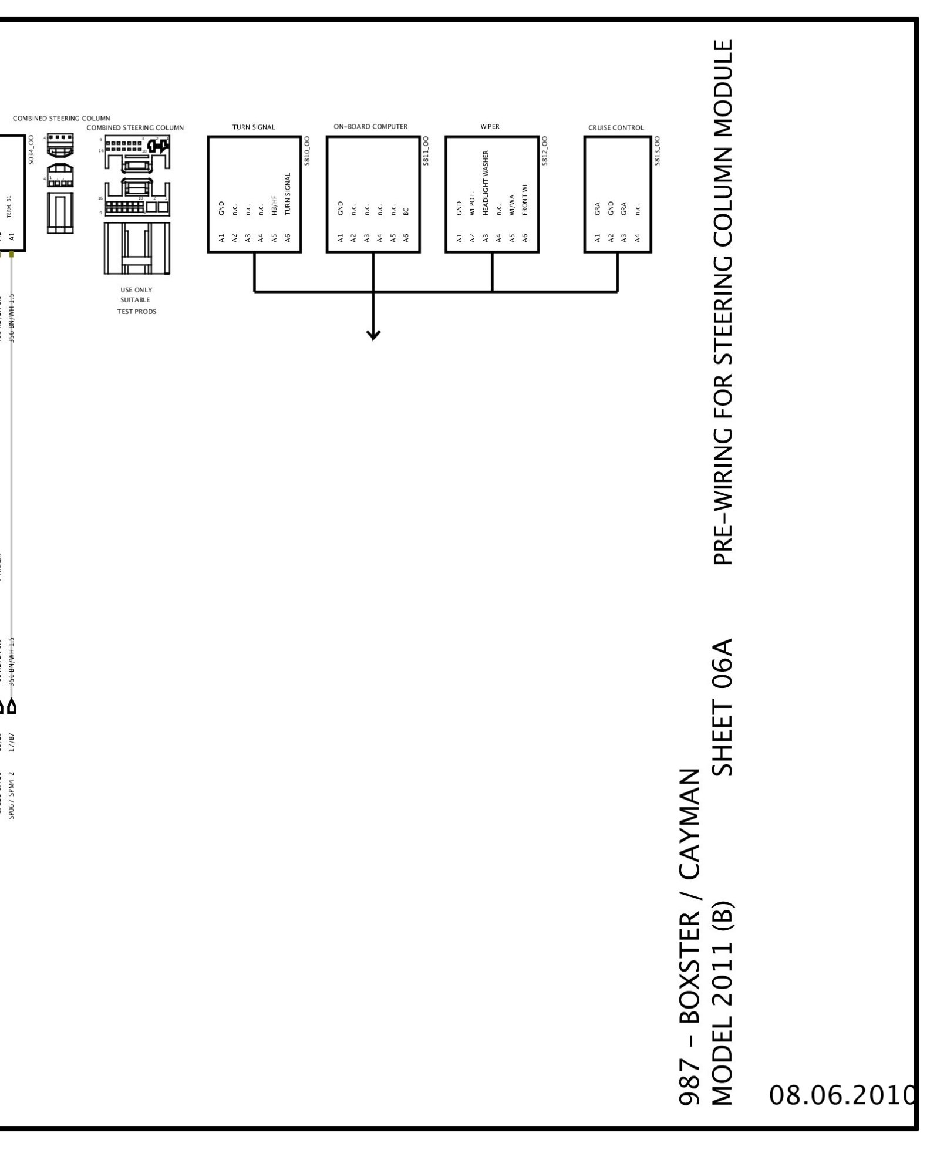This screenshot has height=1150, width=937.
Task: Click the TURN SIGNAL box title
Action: click(254, 127)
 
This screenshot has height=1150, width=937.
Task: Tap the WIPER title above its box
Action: click(490, 126)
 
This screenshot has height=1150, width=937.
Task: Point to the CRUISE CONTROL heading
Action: click(616, 127)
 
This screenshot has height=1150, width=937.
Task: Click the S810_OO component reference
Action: click(306, 151)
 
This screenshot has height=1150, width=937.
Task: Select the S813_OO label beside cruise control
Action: click(657, 151)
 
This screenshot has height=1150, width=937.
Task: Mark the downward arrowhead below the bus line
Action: click(373, 335)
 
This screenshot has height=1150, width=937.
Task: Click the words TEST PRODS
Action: click(136, 312)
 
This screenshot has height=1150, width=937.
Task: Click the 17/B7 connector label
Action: click(12, 743)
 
